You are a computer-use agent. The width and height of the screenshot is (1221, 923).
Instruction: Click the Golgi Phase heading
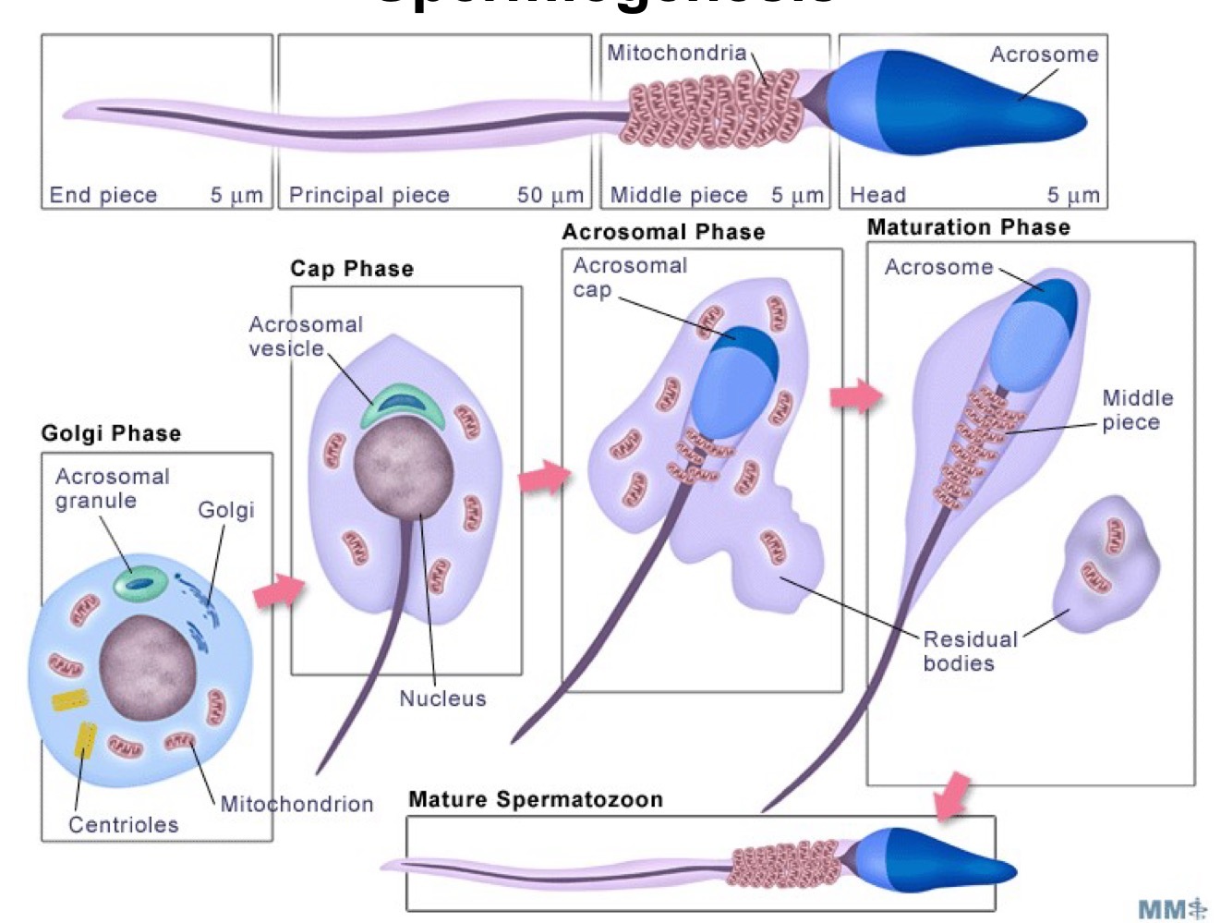coord(111,433)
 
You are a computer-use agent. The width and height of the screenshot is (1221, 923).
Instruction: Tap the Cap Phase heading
coord(351,269)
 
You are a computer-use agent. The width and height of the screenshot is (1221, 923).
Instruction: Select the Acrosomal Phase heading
coord(663,232)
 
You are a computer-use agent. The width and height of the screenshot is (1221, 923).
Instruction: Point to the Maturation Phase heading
coord(968,227)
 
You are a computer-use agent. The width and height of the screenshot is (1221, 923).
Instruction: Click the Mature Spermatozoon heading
coord(535,799)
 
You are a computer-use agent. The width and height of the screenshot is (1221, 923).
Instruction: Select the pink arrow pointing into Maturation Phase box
coord(855,396)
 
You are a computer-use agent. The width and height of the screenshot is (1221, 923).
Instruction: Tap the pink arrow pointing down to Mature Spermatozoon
coord(951,795)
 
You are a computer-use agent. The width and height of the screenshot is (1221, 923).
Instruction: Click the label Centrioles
coord(123,824)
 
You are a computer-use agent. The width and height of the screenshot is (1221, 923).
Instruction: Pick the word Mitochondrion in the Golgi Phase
coord(296,804)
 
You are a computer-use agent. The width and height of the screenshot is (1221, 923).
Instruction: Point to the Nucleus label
coord(442,698)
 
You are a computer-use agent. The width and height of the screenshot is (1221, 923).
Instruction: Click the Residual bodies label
coord(969,650)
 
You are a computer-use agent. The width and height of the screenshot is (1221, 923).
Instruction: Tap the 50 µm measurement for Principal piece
coord(550,195)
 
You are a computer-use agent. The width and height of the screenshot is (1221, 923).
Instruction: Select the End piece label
coord(103,195)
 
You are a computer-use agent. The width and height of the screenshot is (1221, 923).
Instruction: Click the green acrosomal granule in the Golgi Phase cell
coord(140,583)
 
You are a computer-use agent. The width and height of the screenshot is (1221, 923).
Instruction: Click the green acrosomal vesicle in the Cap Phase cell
coord(403,404)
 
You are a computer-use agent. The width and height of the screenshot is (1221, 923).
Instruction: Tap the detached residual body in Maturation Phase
coord(1106,564)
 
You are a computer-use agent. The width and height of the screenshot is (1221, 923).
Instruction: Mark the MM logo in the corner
coord(1172,908)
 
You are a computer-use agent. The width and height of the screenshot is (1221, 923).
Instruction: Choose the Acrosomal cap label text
coord(629,277)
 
